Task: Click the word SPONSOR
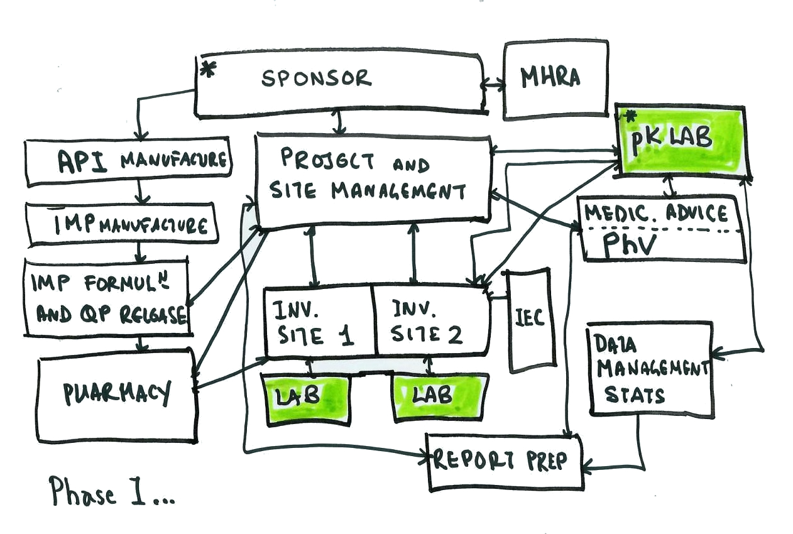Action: [x=317, y=79]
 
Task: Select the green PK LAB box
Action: [x=681, y=139]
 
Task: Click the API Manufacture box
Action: [x=129, y=162]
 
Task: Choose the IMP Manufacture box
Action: [x=123, y=224]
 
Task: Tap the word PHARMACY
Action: [x=117, y=393]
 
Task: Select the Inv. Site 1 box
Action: [x=317, y=321]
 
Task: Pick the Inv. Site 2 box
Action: [x=431, y=321]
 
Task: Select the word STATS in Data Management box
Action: [x=634, y=395]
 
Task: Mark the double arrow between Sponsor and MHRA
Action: [x=494, y=83]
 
